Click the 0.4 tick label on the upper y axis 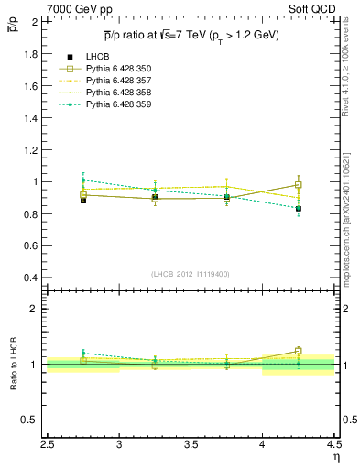pyautogui.click(x=30, y=278)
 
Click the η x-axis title pyautogui.click(x=336, y=455)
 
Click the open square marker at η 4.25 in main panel pyautogui.click(x=298, y=185)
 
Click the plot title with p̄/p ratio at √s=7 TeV pyautogui.click(x=191, y=35)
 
